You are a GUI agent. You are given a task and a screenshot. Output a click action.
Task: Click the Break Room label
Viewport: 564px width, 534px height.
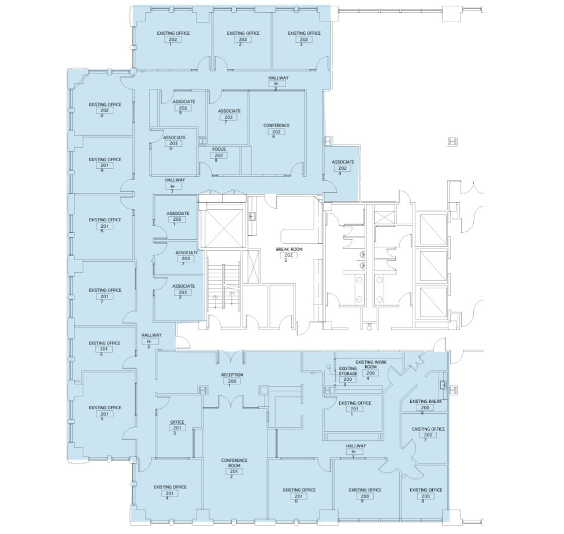[x=289, y=249]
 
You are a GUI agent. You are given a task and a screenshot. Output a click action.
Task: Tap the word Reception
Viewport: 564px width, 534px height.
[x=232, y=375]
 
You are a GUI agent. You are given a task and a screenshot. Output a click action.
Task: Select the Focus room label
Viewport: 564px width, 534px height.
[x=219, y=149]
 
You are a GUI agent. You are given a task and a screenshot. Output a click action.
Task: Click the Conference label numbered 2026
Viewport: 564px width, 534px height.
[x=276, y=125]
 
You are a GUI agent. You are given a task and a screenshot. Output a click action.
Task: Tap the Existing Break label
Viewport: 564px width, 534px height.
[x=426, y=401]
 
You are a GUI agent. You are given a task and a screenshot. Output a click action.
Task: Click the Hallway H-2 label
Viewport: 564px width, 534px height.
[x=151, y=335]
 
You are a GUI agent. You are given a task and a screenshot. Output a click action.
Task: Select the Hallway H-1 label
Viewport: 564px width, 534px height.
[x=356, y=446]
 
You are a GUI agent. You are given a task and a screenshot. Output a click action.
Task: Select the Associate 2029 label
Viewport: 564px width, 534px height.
[x=183, y=102]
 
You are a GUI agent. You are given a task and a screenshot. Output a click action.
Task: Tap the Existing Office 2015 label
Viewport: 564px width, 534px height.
[x=105, y=407]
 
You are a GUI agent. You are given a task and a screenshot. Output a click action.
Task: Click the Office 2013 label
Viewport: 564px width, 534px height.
[x=177, y=422]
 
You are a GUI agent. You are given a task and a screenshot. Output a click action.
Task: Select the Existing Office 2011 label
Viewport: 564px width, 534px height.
[x=355, y=403]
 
